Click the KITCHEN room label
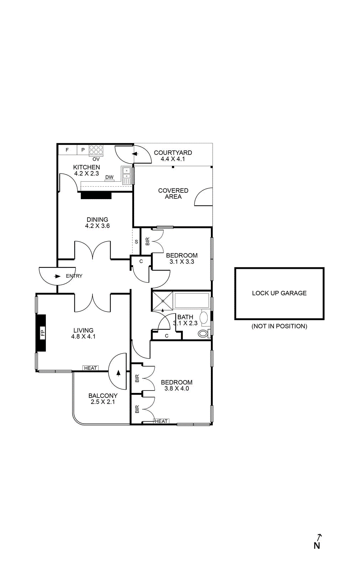(x=86, y=167)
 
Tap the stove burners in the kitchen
(x=96, y=150)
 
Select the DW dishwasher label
(x=109, y=177)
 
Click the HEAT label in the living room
(x=90, y=368)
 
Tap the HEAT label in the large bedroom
(x=161, y=421)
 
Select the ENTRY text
(x=74, y=276)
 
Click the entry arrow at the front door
(x=57, y=276)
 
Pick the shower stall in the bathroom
(x=163, y=301)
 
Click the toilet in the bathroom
(x=203, y=333)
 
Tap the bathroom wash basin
(x=204, y=317)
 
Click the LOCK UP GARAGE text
(x=279, y=293)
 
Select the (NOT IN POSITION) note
(x=279, y=326)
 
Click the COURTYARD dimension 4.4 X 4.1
(x=173, y=159)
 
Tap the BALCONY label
(x=103, y=395)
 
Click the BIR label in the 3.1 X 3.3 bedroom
(x=148, y=241)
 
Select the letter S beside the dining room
(x=136, y=242)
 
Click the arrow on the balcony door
(x=118, y=373)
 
